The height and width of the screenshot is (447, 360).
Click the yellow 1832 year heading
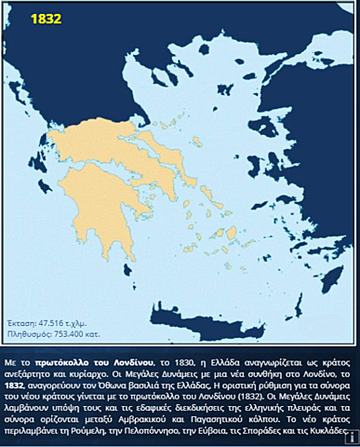44,18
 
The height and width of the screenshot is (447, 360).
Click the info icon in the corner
353,440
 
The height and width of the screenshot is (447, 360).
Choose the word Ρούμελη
103,436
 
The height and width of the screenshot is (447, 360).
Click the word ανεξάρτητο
37,372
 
